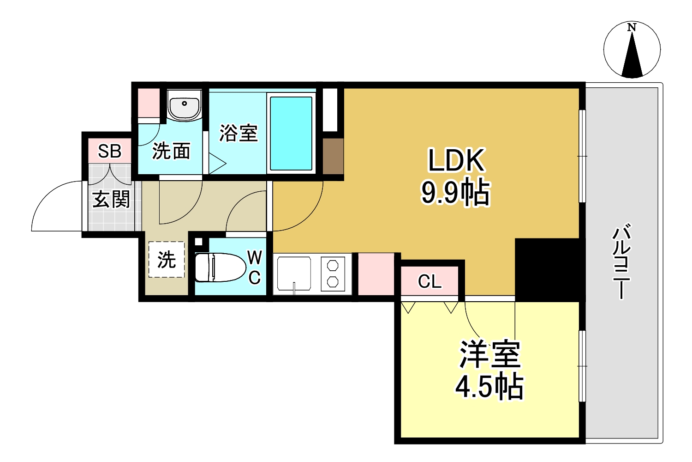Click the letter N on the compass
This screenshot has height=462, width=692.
(632, 28)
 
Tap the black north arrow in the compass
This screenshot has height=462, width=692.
(632, 58)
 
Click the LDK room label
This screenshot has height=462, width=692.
(456, 161)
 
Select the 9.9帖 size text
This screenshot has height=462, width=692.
(455, 192)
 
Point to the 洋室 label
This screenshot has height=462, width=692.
(489, 355)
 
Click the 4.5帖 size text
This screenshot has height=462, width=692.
(489, 387)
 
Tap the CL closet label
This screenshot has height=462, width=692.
(430, 281)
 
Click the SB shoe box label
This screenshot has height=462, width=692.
(109, 151)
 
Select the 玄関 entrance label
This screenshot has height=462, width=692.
(111, 200)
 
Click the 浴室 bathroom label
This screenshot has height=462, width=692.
(238, 133)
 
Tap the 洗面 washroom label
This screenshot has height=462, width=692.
(171, 151)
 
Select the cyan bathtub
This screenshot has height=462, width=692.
(291, 134)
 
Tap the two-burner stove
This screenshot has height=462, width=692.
(333, 274)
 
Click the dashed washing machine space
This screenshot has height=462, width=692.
(167, 260)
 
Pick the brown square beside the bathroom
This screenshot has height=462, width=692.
(333, 156)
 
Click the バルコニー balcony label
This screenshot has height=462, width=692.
(621, 261)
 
